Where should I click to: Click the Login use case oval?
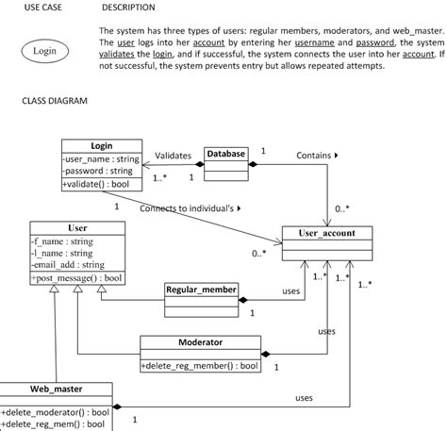pyautogui.click(x=44, y=50)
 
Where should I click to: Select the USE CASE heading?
pyautogui.click(x=43, y=8)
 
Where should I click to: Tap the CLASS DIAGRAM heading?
pyautogui.click(x=54, y=99)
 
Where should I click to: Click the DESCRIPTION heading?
pyautogui.click(x=128, y=8)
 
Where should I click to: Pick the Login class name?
pyautogui.click(x=101, y=145)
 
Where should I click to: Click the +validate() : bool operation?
pyautogui.click(x=94, y=185)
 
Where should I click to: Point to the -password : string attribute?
pyautogui.click(x=98, y=171)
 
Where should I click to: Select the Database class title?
pyautogui.click(x=226, y=153)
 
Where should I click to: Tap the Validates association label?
pyautogui.click(x=173, y=155)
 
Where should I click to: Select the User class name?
pyautogui.click(x=77, y=227)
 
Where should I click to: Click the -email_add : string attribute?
pyautogui.click(x=67, y=265)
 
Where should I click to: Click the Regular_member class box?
pyautogui.click(x=202, y=290)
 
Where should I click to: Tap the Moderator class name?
pyautogui.click(x=199, y=342)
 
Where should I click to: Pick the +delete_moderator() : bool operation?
pyautogui.click(x=56, y=412)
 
